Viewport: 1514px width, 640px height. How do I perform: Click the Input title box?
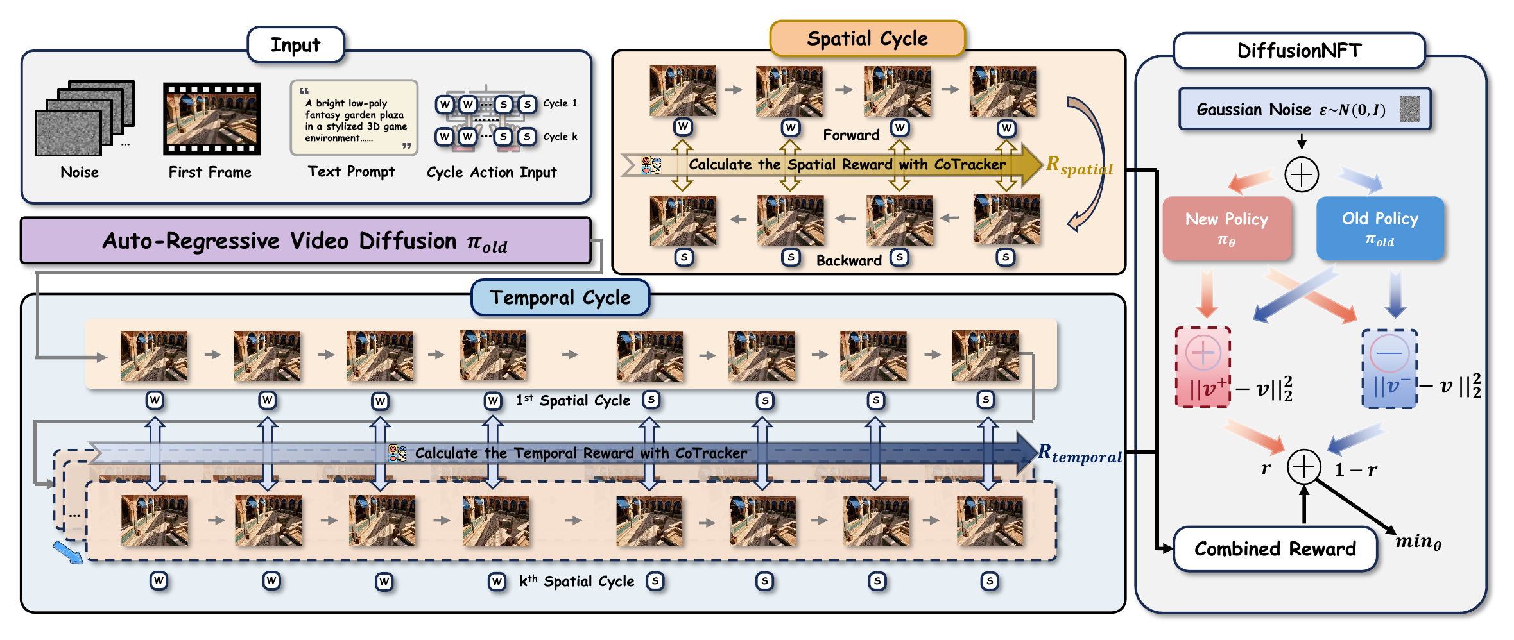296,45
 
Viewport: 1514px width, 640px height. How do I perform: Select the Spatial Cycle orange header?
867,38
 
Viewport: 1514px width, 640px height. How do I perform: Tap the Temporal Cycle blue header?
560,298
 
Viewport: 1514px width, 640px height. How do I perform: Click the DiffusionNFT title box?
1299,51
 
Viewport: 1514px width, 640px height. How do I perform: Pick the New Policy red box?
1226,228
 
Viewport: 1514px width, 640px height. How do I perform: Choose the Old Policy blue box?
1380,228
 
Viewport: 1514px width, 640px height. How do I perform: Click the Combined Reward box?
1275,549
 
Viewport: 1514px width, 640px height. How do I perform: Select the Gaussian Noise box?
1305,109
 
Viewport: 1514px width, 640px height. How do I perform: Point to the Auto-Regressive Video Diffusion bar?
305,241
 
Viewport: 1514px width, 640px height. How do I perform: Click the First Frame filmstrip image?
212,119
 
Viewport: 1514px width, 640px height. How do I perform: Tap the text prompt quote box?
354,118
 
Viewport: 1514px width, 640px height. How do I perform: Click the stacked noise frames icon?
85,118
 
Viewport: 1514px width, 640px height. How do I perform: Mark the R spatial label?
1080,165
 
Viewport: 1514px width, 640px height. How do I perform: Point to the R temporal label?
1080,453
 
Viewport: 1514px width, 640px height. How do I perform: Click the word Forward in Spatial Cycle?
851,135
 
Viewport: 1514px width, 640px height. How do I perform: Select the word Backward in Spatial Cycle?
849,260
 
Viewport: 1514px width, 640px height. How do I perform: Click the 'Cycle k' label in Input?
560,137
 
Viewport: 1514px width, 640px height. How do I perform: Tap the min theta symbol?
1418,542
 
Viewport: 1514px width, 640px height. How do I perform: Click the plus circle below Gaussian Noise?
1302,174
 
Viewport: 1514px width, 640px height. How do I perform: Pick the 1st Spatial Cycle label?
573,400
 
